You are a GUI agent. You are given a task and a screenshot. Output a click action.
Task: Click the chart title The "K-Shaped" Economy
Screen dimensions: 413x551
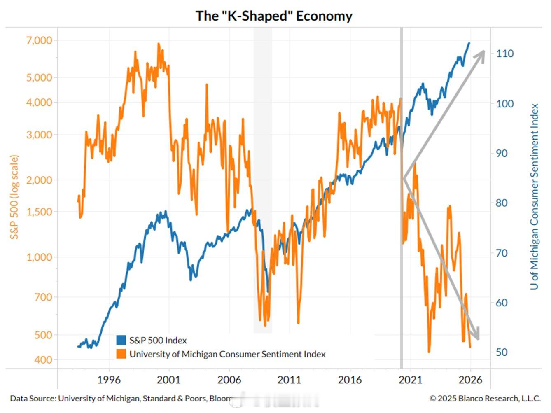(x=274, y=16)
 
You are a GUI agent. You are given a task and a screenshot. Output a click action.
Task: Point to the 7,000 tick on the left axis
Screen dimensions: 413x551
(x=40, y=40)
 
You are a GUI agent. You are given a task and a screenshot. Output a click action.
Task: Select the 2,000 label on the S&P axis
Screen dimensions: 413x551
(x=40, y=180)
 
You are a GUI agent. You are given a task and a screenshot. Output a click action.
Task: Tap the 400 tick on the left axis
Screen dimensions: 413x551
(x=43, y=360)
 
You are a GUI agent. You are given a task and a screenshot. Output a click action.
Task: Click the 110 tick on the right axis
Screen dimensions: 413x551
(x=504, y=54)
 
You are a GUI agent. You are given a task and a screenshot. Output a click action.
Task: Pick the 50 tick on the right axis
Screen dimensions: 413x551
(x=501, y=352)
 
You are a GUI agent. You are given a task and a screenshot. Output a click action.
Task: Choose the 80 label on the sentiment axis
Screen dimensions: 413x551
(x=501, y=203)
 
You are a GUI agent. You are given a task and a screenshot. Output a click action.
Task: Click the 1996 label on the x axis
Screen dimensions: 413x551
(x=109, y=380)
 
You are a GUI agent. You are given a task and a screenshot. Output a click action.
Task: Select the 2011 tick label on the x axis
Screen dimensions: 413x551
(x=290, y=380)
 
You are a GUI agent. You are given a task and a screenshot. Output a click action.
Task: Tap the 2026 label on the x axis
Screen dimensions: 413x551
(x=470, y=380)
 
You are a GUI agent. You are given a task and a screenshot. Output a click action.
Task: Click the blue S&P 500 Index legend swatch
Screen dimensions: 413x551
(x=121, y=340)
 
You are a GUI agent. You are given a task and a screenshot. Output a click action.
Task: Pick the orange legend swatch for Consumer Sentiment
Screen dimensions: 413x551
(x=121, y=354)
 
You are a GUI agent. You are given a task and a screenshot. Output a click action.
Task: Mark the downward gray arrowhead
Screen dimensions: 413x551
(x=476, y=334)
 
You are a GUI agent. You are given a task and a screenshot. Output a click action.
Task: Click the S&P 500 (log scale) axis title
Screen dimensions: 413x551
(x=14, y=197)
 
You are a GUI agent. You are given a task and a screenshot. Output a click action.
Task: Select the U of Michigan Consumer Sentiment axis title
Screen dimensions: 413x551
(x=535, y=197)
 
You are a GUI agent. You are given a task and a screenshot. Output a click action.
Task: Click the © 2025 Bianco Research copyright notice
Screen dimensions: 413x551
(x=485, y=399)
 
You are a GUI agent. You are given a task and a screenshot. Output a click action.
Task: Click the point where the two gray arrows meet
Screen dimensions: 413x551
(x=404, y=178)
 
